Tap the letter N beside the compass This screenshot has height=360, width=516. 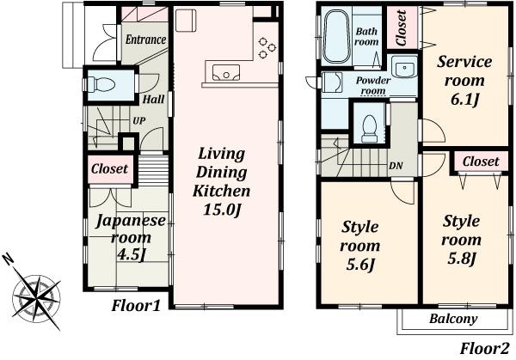tap(8, 258)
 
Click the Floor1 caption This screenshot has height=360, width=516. tap(138, 307)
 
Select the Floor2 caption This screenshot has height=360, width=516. tap(484, 348)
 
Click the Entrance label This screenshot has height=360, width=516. tap(146, 40)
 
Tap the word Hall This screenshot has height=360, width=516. tap(153, 99)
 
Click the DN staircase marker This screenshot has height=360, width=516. tap(397, 166)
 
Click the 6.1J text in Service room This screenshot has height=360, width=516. tap(464, 101)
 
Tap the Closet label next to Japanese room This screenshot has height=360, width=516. tap(109, 169)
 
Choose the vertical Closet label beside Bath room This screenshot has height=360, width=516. tap(402, 27)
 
